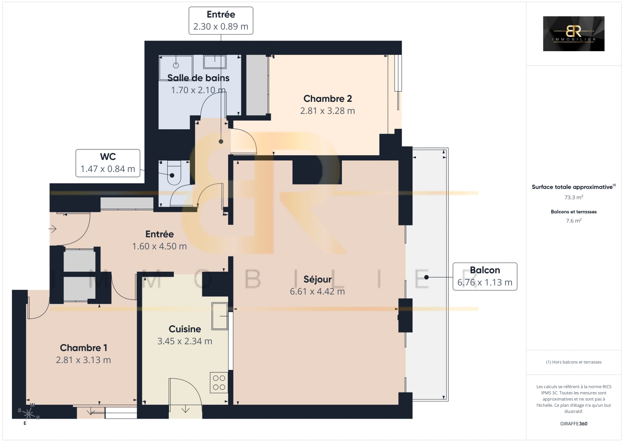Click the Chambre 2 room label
328,99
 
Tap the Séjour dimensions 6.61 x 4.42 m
317,291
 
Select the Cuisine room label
185,329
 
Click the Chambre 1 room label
83,348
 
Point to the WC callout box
108,163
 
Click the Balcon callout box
485,276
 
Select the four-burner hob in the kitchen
219,383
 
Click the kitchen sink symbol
220,316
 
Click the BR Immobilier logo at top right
573,34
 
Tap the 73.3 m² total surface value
574,197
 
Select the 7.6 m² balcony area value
574,221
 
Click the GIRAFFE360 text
573,424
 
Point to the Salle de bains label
198,78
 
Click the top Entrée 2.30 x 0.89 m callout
221,20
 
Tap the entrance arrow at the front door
53,229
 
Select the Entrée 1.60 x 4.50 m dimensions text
159,246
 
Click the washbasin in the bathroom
215,61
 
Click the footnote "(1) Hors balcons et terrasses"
574,362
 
